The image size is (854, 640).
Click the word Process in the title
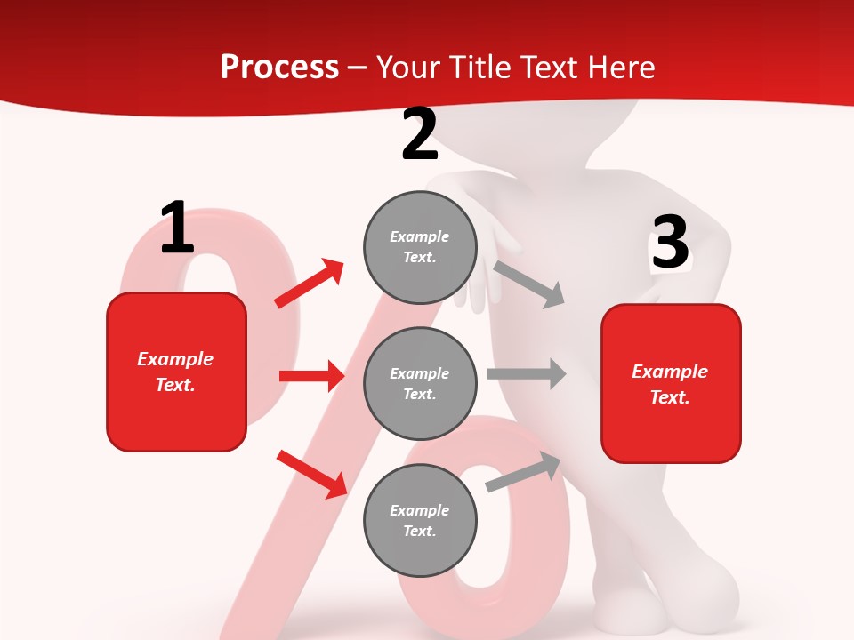[x=279, y=67]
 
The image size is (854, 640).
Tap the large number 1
[x=177, y=228]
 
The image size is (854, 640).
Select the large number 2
[x=420, y=134]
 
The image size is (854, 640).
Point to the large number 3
[x=670, y=243]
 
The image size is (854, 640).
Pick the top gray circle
[x=420, y=246]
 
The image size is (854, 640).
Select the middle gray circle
[x=420, y=383]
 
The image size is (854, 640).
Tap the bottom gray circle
[x=420, y=520]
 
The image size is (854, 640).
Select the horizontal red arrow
[x=312, y=376]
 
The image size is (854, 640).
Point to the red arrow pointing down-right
[x=312, y=474]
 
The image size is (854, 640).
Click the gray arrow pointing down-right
[x=529, y=284]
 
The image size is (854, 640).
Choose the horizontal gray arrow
[x=527, y=373]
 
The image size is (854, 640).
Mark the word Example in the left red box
[x=175, y=359]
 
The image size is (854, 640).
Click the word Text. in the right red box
[x=670, y=397]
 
